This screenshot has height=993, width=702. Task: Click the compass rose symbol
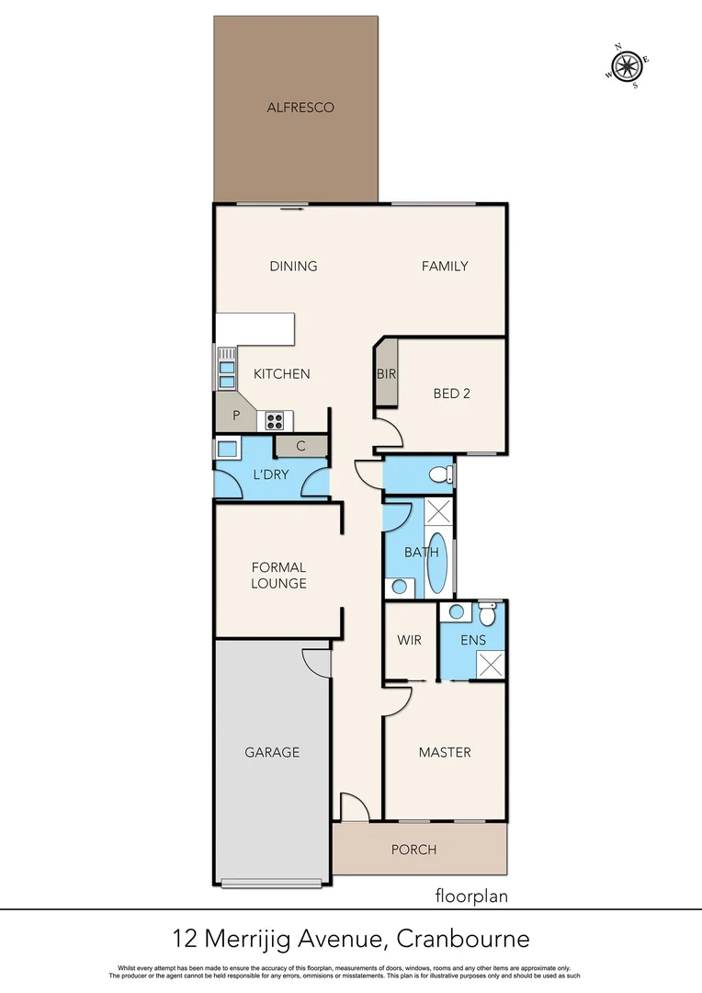click(x=628, y=65)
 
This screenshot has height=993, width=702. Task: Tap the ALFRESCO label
click(x=300, y=108)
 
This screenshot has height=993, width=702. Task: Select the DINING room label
click(x=293, y=267)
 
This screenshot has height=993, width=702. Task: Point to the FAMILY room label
click(x=445, y=267)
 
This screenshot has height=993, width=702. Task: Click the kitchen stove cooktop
click(x=274, y=421)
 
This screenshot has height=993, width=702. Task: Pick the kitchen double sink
click(x=226, y=369)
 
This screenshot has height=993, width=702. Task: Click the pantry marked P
click(x=236, y=416)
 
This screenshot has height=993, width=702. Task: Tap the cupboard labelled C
click(x=300, y=447)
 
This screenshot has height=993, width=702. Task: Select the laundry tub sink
click(x=226, y=450)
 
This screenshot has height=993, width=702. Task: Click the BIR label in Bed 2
click(x=386, y=374)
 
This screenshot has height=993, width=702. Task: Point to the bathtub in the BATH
click(x=439, y=564)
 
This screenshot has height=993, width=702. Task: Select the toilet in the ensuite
click(x=487, y=611)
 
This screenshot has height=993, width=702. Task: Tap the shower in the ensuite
click(x=490, y=664)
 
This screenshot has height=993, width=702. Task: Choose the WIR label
click(x=409, y=640)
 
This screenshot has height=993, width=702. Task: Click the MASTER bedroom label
click(x=445, y=752)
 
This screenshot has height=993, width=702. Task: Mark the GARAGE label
click(x=272, y=752)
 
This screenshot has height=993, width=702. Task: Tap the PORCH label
click(x=413, y=850)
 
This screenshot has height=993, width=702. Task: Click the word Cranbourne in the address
click(x=463, y=940)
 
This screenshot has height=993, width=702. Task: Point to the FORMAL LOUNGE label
click(x=278, y=576)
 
